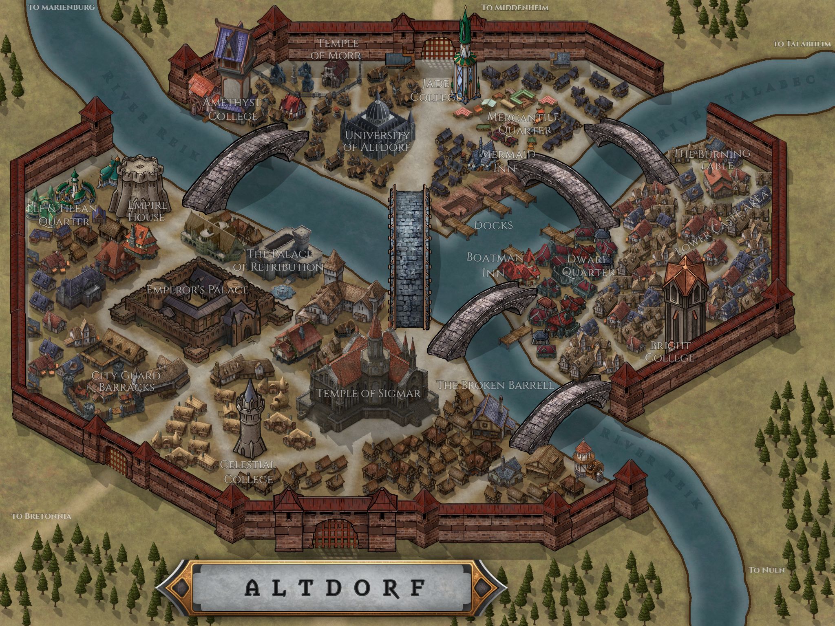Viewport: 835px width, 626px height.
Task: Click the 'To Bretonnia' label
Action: (x=42, y=516)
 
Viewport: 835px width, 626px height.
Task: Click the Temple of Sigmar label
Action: (x=368, y=393)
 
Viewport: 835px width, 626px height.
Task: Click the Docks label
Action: (x=494, y=225)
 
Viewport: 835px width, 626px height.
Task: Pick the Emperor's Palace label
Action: (x=197, y=290)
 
